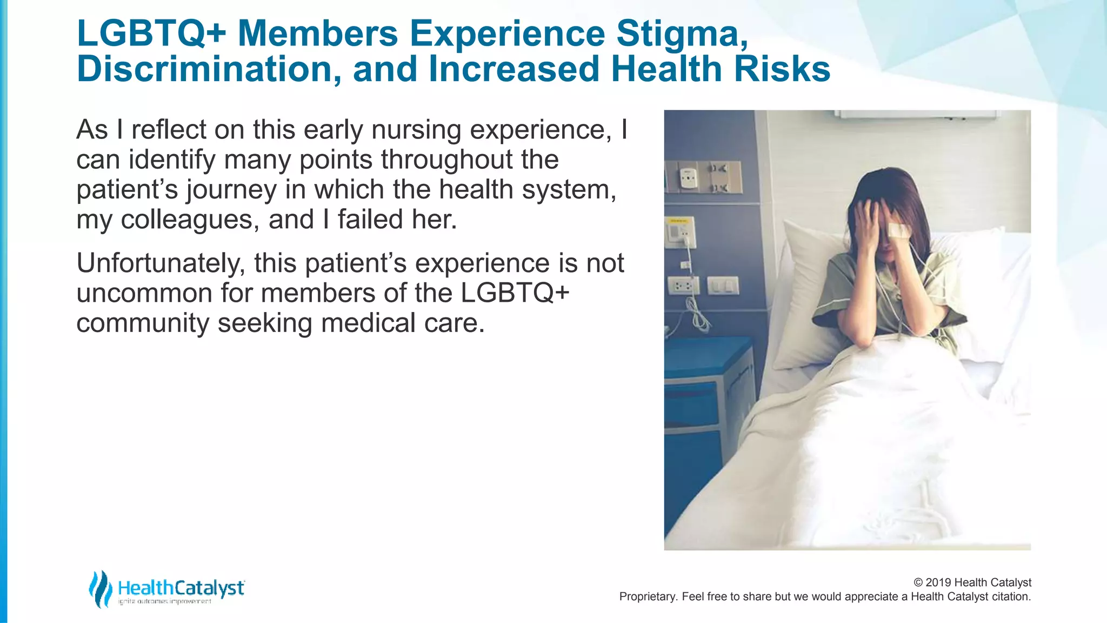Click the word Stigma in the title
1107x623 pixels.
(x=682, y=34)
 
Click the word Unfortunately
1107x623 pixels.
(x=161, y=263)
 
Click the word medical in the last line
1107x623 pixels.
(x=368, y=323)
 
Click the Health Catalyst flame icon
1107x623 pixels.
(x=100, y=589)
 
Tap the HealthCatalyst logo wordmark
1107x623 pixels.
(x=181, y=588)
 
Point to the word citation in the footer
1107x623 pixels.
(x=1010, y=597)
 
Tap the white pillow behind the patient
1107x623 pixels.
(x=805, y=292)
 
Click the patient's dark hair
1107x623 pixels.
(x=892, y=189)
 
